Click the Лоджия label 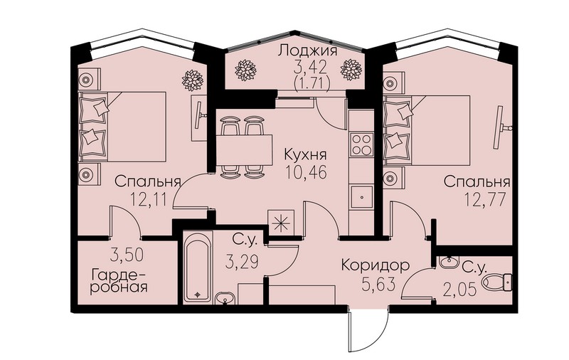click(x=307, y=51)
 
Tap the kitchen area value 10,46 click(x=306, y=172)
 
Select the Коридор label click(x=376, y=265)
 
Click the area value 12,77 click(x=485, y=199)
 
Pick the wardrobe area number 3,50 click(x=127, y=255)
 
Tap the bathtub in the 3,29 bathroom click(x=197, y=268)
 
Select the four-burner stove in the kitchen click(x=361, y=144)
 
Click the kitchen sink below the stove click(x=361, y=196)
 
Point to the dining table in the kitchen click(x=244, y=149)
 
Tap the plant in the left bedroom click(x=192, y=80)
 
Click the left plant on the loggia click(x=245, y=70)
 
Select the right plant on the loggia click(x=351, y=69)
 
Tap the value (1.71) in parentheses click(x=312, y=85)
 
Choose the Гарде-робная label click(x=119, y=280)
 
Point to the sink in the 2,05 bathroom click(x=449, y=262)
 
